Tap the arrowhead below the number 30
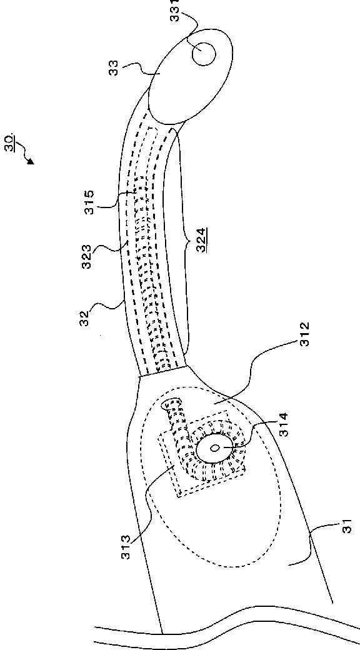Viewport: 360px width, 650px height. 31,161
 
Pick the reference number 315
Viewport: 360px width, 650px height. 89,202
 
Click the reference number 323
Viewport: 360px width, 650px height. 89,257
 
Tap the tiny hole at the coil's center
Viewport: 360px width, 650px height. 215,447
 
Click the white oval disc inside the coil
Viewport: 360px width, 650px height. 212,448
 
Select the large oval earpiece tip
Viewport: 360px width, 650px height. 188,76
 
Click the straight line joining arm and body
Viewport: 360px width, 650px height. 163,371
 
